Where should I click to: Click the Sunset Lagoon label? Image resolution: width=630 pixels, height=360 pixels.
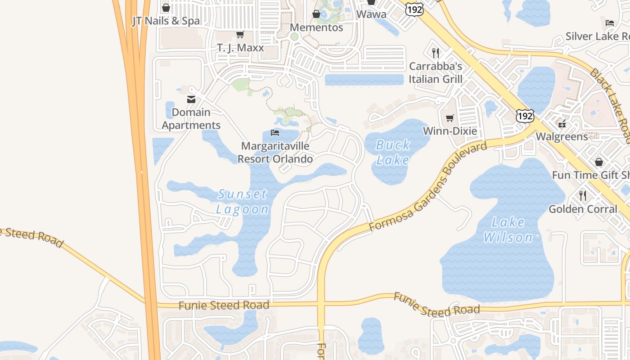(x=243, y=202)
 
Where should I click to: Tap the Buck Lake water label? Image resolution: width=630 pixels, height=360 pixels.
(x=393, y=153)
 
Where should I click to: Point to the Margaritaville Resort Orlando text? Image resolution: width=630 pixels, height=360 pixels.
(x=275, y=153)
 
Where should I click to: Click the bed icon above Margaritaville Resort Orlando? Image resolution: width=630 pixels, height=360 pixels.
(x=275, y=133)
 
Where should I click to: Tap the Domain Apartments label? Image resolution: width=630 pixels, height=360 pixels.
(x=191, y=119)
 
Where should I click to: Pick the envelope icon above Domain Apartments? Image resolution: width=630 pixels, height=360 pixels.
(x=191, y=99)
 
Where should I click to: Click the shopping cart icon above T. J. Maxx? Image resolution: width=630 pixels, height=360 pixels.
(x=240, y=35)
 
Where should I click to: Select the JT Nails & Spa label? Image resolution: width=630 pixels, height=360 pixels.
(x=166, y=21)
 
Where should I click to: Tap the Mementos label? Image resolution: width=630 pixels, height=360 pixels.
(x=316, y=27)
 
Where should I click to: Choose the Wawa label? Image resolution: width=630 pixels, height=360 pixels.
(x=371, y=14)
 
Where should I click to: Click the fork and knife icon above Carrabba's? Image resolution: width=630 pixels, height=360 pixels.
(x=435, y=53)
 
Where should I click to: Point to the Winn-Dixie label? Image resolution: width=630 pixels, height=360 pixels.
(x=450, y=131)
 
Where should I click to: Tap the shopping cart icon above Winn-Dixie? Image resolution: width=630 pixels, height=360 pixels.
(x=450, y=118)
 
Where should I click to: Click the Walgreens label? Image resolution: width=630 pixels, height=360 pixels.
(x=562, y=136)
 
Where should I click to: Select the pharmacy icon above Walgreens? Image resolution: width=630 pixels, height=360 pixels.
(x=562, y=123)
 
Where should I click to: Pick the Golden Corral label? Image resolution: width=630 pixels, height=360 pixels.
(x=583, y=209)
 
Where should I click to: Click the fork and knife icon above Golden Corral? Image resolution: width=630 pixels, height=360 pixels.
(x=583, y=196)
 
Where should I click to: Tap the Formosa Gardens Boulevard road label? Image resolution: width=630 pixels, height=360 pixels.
(x=427, y=187)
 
